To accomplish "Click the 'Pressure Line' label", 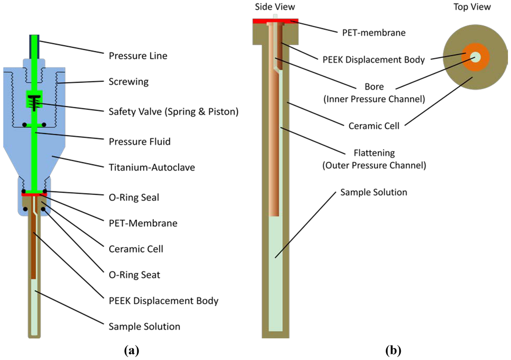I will tap(138, 55).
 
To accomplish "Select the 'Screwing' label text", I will tap(128, 81).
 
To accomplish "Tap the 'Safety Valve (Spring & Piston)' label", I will tap(173, 112).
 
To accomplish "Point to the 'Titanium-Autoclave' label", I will tap(152, 168).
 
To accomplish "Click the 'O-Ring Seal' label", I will tap(134, 197).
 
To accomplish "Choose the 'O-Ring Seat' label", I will tap(134, 275).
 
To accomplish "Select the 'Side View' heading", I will tap(275, 7).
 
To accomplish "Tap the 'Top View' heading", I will tap(472, 7).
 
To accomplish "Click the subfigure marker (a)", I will tap(131, 351).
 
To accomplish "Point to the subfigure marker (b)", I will tap(393, 351).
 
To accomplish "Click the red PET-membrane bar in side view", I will tap(275, 20).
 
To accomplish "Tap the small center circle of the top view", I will tap(475, 57).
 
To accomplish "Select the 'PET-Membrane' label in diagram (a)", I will tap(143, 223).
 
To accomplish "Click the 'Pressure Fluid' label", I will tap(140, 142).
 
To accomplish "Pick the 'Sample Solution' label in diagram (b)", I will tap(374, 192).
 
